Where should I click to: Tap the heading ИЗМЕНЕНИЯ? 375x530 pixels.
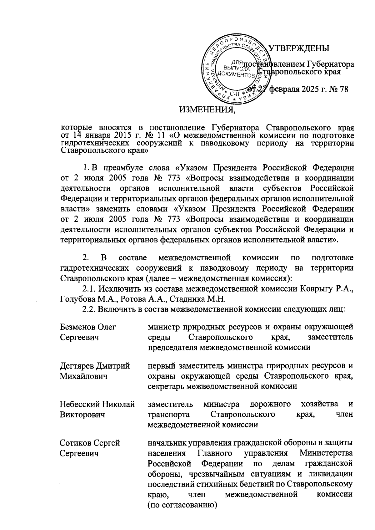207,110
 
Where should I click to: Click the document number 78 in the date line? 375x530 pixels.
343,89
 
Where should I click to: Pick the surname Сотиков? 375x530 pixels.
75,443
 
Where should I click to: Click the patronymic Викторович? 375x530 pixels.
82,415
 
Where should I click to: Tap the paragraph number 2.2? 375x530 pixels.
89,309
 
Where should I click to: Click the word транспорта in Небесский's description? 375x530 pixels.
169,415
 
